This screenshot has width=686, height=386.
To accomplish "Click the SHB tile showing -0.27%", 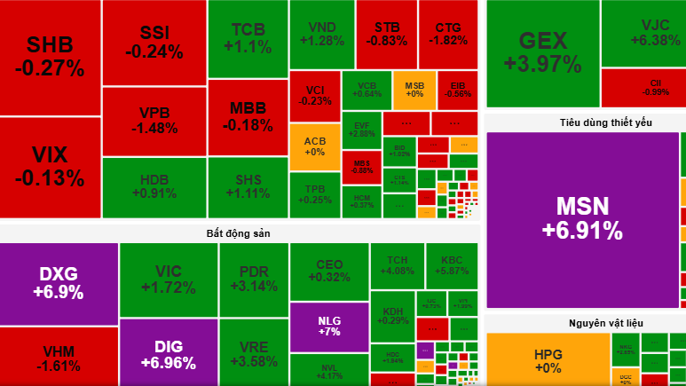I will click(50, 57).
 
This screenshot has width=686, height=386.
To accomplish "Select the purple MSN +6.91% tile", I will click(582, 218).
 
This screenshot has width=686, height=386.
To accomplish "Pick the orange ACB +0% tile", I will click(314, 146).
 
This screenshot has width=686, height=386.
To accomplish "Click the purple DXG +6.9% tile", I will click(59, 283).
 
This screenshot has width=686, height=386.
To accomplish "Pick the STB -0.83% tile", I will click(386, 34).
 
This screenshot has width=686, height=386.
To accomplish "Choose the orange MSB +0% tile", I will click(414, 89).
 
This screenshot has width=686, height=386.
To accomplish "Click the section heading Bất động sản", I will click(238, 232).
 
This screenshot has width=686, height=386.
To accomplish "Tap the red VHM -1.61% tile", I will click(59, 357).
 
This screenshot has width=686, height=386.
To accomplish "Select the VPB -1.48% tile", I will click(154, 121).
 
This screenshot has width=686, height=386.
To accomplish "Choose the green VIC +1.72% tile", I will click(168, 280).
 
